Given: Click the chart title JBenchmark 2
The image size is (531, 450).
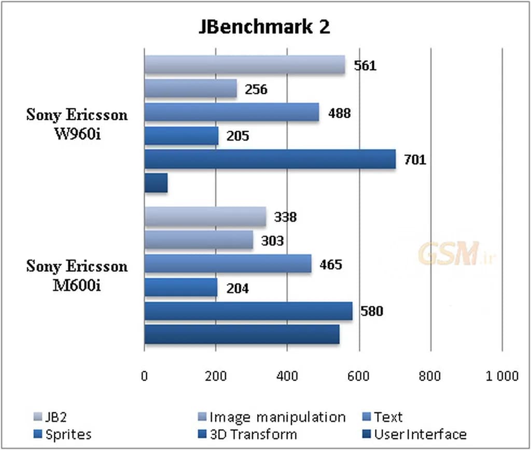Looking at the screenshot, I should (264, 27).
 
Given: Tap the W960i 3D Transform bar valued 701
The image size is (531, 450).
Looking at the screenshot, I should (270, 159).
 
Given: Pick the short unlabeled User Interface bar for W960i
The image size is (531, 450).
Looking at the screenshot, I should (156, 183).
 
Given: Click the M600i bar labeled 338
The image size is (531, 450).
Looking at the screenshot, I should (205, 217).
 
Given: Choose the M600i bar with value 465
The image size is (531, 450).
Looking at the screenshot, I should (228, 263).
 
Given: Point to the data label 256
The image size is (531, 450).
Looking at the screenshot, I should (256, 90).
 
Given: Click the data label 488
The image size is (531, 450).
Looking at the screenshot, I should (339, 113).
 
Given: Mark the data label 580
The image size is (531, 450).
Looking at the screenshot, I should (372, 312).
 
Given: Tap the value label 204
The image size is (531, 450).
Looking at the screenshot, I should (237, 288).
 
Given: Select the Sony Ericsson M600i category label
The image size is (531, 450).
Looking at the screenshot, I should (77, 275).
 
